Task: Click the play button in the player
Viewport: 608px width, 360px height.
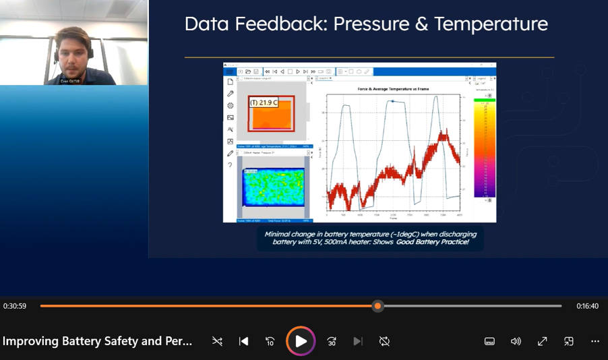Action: click(301, 341)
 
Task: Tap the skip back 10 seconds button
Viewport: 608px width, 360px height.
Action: click(270, 341)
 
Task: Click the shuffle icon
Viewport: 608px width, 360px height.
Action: click(217, 341)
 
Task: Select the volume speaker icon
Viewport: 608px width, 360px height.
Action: click(516, 341)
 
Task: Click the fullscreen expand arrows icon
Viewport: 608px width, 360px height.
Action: click(542, 341)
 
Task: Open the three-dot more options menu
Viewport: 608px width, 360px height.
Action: click(595, 341)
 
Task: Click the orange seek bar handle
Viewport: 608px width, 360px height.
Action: click(378, 306)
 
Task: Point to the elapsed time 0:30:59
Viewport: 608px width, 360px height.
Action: click(15, 306)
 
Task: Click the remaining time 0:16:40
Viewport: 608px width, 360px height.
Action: click(588, 306)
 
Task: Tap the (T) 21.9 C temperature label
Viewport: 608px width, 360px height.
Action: click(264, 102)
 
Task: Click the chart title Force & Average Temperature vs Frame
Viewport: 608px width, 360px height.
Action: click(393, 89)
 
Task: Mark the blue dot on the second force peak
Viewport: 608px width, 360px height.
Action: click(393, 102)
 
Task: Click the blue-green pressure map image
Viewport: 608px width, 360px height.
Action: click(272, 186)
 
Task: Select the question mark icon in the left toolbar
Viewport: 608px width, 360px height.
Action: click(230, 165)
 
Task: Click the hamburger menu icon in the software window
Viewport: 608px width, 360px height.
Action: click(229, 71)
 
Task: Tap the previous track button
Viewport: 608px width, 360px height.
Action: click(243, 341)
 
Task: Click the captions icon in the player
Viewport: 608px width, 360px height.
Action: click(490, 341)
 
